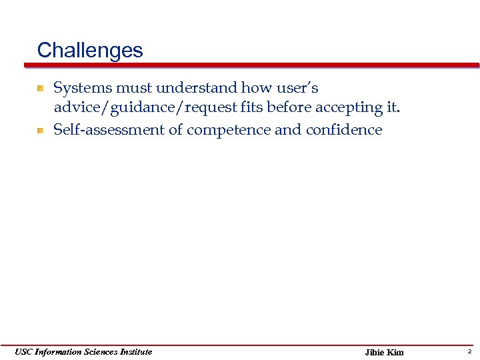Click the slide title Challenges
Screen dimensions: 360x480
(x=90, y=51)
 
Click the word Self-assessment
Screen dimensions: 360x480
(x=109, y=130)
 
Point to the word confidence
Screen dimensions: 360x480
(x=344, y=130)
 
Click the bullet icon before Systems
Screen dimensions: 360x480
(x=41, y=88)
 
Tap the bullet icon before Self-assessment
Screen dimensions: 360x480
(x=41, y=130)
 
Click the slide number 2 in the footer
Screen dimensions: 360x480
(x=469, y=351)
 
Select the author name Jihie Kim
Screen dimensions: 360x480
(x=384, y=352)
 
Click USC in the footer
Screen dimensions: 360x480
(x=23, y=351)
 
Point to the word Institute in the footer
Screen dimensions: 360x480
(x=134, y=351)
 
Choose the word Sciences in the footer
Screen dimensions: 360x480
(x=98, y=351)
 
